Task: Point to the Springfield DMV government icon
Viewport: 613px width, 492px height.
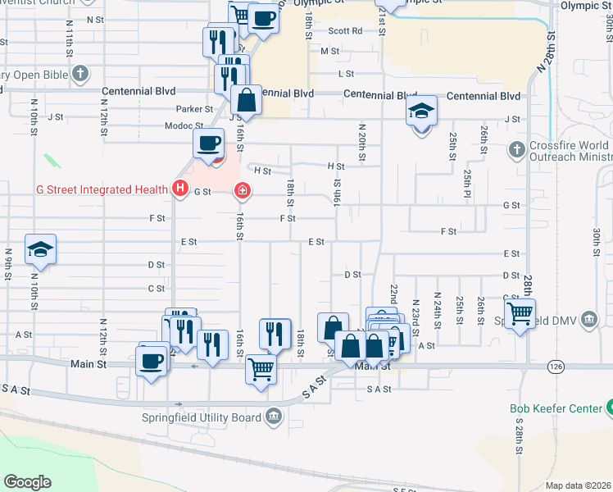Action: (x=588, y=319)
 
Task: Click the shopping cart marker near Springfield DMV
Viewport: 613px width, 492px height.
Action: (x=520, y=312)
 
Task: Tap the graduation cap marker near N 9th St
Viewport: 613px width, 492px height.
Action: (x=40, y=249)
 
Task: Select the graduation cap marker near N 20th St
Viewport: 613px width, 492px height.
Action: (x=421, y=110)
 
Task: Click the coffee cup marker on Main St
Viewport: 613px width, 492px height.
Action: (x=152, y=362)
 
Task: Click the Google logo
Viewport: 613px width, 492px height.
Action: (x=27, y=481)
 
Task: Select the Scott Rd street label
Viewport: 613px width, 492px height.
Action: (x=346, y=30)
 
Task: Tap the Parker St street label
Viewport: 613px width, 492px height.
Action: (x=194, y=108)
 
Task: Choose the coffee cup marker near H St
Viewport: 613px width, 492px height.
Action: (x=208, y=142)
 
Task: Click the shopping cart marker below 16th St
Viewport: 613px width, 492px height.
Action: (x=261, y=368)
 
